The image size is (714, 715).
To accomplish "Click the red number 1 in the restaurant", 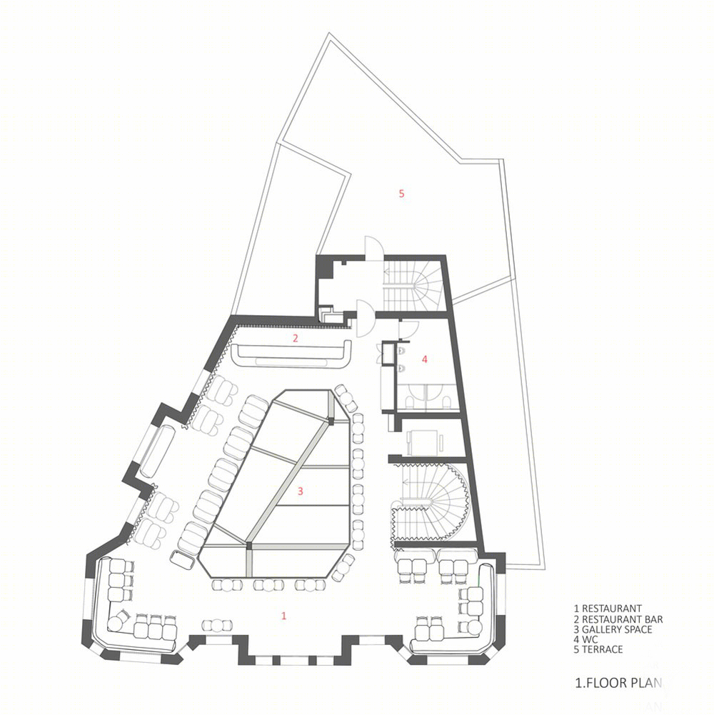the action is point(283,616).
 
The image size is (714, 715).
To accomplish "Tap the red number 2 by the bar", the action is point(296,339).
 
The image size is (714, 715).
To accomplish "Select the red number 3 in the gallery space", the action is point(300,491).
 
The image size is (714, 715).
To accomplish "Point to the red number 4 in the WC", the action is point(425,359).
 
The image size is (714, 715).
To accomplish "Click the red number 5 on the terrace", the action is point(401,194).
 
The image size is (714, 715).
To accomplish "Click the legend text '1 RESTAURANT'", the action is point(608,609).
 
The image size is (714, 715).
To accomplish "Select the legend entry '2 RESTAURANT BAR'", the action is point(618,619).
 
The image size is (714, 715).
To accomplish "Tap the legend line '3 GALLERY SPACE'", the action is point(613,629).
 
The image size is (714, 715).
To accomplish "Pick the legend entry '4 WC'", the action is point(585,639).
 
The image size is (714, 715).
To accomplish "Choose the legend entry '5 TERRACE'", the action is point(598,649).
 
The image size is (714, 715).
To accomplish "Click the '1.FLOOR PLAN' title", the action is point(618,683).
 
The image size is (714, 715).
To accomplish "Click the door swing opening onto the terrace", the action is point(374,248).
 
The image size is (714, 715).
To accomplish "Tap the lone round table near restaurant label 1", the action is point(217,626).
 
